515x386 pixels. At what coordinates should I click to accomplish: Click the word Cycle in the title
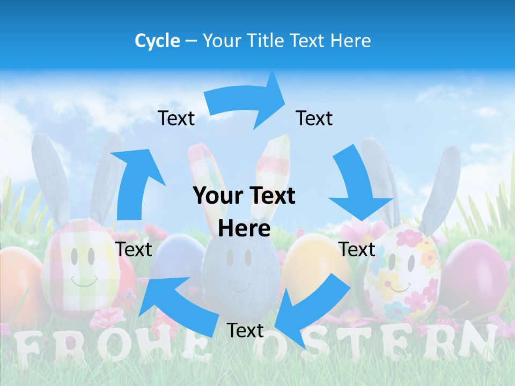(x=157, y=41)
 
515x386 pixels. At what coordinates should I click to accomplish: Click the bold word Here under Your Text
(x=244, y=229)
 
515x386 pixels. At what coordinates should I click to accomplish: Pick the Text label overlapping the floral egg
(x=357, y=249)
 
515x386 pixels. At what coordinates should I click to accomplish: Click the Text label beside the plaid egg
(x=134, y=249)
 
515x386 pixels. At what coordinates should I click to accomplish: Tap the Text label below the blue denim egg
(x=245, y=331)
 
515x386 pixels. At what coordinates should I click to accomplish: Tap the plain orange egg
(x=19, y=284)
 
